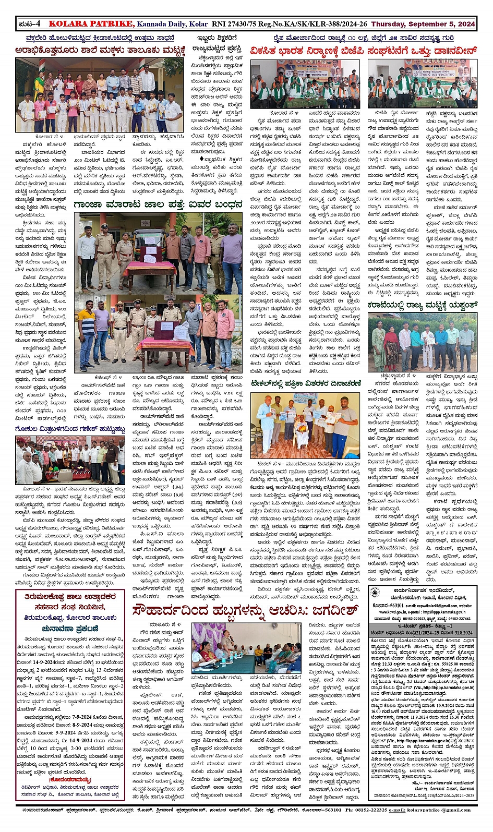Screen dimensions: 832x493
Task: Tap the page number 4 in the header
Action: click(38, 24)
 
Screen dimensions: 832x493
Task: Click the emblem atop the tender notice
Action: click(375, 592)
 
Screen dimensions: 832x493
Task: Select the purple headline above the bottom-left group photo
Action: click(70, 429)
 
